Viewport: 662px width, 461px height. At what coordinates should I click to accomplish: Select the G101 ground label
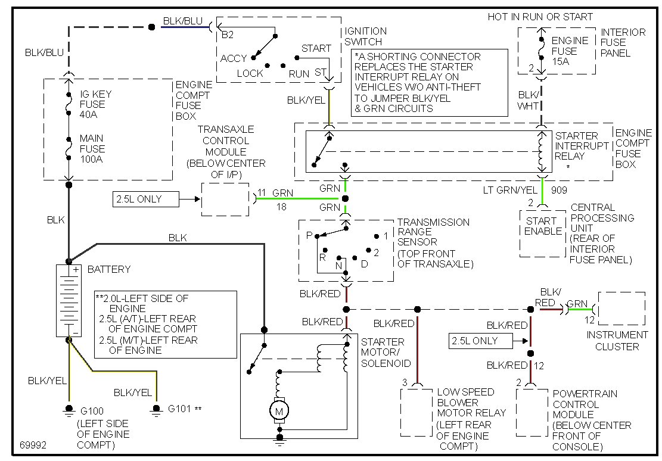tap(181, 409)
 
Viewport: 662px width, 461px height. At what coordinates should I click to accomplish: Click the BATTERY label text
tap(108, 269)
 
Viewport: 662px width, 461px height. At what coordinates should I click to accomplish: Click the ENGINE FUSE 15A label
tap(569, 51)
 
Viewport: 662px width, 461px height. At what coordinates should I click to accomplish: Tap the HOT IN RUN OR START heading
tap(540, 17)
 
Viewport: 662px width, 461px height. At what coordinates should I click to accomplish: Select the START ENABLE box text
tap(543, 226)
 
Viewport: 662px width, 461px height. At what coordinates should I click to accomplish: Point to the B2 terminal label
tap(227, 35)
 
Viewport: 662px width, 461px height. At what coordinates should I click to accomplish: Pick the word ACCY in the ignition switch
tap(234, 58)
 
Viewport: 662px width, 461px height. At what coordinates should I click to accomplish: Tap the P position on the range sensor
tap(309, 235)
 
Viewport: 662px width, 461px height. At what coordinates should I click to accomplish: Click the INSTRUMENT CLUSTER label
tap(617, 341)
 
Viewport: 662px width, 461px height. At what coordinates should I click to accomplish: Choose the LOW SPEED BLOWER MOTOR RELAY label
tap(471, 402)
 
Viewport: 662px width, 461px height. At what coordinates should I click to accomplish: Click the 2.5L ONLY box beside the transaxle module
tap(145, 199)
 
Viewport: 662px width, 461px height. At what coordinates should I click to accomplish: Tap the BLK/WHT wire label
tap(528, 99)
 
